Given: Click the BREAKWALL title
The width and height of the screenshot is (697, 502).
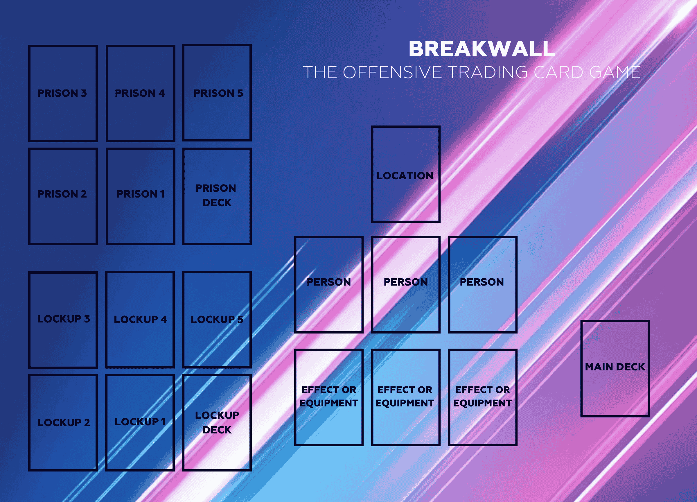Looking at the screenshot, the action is [x=482, y=49].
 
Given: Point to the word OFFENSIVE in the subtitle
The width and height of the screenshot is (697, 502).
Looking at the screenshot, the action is [x=392, y=72].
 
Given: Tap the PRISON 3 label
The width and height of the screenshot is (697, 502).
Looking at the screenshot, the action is [x=62, y=93].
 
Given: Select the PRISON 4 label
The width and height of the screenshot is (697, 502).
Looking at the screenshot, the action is [x=140, y=93].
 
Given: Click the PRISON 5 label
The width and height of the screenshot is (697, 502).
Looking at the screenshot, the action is [x=218, y=93].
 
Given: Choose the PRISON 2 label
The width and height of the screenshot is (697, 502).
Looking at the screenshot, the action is [x=62, y=194].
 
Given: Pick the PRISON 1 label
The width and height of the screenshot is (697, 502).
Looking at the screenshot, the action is [x=141, y=194].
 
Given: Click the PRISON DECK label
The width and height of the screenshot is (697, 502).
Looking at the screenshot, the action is [x=216, y=196].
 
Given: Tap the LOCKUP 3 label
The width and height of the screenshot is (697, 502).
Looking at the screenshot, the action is [x=64, y=319].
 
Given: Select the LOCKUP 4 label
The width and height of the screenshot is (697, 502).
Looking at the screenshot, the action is [x=141, y=319].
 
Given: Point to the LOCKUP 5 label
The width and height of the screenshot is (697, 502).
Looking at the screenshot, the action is [x=217, y=319].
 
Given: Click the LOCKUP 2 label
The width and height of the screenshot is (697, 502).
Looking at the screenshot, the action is [x=64, y=423].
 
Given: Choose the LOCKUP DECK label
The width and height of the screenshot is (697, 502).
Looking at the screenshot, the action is [x=217, y=423].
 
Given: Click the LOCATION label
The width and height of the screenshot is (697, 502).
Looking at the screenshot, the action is [x=405, y=175].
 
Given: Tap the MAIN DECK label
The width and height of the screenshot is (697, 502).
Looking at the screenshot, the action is [x=615, y=367].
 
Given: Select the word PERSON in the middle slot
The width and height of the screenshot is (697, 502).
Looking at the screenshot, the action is [x=406, y=282].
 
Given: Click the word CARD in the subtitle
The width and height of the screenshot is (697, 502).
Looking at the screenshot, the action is [x=558, y=72].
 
